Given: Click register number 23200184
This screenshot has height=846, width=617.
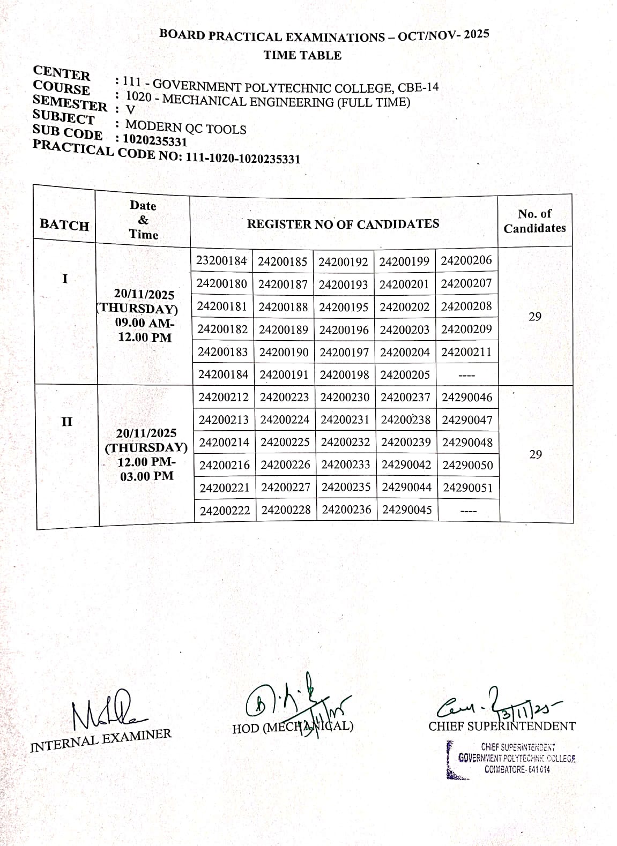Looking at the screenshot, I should (221, 261).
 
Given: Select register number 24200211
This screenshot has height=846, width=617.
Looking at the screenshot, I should (466, 352).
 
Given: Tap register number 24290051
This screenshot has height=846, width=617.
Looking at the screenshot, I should (468, 488).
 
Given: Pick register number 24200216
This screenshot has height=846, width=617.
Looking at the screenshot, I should (224, 465).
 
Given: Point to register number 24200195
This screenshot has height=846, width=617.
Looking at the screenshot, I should (344, 307).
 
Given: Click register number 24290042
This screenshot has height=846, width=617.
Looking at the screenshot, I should (406, 465).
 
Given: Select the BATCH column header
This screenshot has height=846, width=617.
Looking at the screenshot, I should (64, 225).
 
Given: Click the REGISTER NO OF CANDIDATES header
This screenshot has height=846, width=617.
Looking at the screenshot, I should (343, 224).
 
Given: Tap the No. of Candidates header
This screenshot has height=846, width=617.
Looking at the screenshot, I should (534, 221).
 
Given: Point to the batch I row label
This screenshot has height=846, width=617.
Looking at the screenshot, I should (65, 279).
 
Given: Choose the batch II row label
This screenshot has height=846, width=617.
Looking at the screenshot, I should (66, 421).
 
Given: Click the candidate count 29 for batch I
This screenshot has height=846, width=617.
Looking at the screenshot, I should (535, 317).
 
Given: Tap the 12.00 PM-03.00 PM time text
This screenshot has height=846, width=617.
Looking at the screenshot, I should (146, 469).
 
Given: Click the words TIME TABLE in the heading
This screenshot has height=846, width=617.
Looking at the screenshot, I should (302, 55).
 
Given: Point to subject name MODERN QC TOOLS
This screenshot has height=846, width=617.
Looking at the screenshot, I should (185, 128).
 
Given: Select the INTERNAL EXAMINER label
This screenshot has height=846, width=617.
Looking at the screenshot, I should (101, 740).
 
